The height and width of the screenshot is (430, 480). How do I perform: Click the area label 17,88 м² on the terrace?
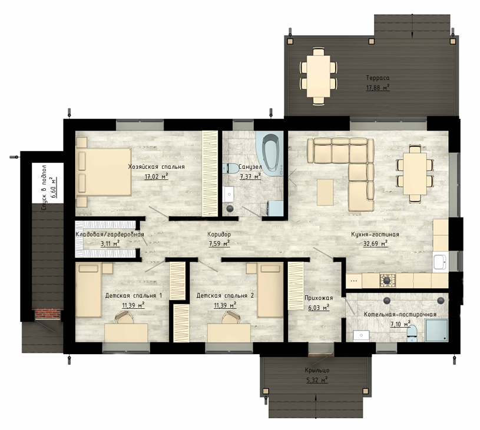pyautogui.click(x=378, y=88)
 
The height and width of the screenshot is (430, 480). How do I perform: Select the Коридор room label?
pyautogui.click(x=219, y=235)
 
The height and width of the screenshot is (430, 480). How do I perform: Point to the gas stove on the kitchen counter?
pyautogui.click(x=388, y=280)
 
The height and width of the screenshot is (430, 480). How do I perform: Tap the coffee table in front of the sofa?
pyautogui.click(x=325, y=192)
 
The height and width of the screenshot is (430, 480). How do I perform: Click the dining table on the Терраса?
pyautogui.click(x=319, y=76)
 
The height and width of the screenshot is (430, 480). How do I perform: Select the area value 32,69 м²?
pyautogui.click(x=375, y=244)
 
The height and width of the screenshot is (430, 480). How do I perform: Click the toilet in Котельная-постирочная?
pyautogui.click(x=412, y=333)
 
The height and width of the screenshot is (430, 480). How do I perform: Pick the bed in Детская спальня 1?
pyautogui.click(x=89, y=291)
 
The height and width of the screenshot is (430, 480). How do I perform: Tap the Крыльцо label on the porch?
pyautogui.click(x=317, y=370)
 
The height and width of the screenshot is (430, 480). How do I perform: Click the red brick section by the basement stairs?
pyautogui.click(x=48, y=314)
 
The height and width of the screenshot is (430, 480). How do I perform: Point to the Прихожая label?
pyautogui.click(x=319, y=298)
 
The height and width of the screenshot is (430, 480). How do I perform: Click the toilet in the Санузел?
pyautogui.click(x=231, y=168)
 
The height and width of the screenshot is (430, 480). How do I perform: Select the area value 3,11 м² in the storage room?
pyautogui.click(x=110, y=244)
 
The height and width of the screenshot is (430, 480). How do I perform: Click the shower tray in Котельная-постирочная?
pyautogui.click(x=436, y=330)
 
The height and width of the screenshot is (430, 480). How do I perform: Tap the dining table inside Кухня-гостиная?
pyautogui.click(x=415, y=174)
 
